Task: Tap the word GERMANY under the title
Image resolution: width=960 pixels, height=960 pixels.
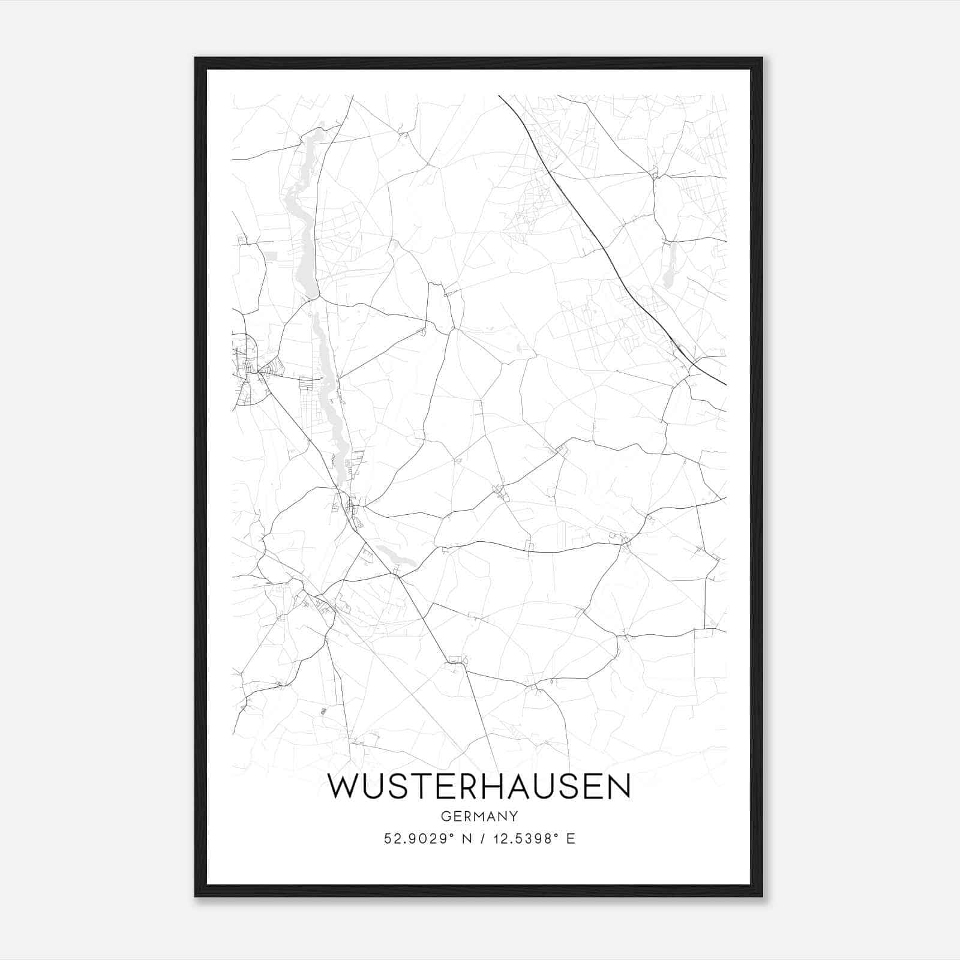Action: point(479,816)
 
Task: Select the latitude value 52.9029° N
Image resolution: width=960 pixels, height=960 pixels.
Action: point(427,839)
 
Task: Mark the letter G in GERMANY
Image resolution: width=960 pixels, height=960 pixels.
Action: point(445,816)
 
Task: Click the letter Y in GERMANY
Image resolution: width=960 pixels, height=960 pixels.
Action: point(514,816)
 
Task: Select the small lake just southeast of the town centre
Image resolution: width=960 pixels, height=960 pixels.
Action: point(396,559)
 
